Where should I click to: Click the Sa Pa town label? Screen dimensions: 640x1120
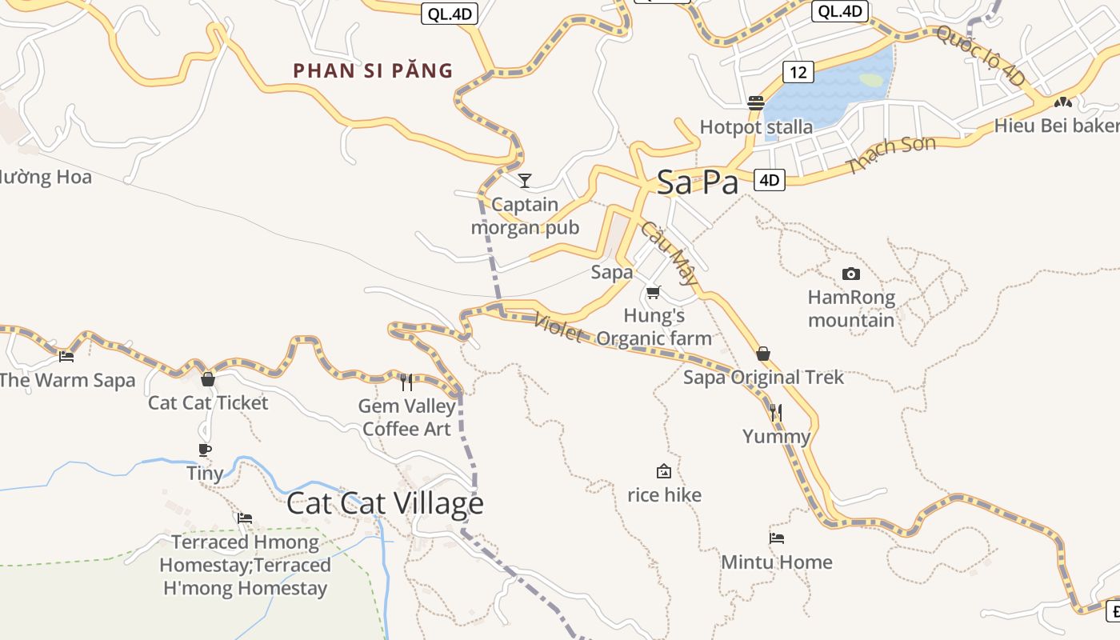[x=698, y=182]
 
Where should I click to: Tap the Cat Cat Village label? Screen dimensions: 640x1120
[x=385, y=503]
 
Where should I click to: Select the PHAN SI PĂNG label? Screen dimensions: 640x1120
[x=373, y=70]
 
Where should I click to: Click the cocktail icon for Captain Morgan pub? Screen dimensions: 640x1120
[x=525, y=180]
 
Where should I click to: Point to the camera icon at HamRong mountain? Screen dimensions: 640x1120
[x=851, y=274]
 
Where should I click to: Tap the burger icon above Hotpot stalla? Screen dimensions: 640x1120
[x=756, y=102]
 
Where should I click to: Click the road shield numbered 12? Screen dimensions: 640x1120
[x=798, y=72]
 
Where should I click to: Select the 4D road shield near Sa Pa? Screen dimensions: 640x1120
[x=769, y=180]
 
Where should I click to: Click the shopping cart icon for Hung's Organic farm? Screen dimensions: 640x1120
[x=654, y=292]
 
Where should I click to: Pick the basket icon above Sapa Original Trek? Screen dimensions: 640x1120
[x=763, y=354]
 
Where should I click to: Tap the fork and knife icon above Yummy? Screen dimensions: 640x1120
[x=776, y=413]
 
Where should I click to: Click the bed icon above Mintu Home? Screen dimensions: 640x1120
[x=776, y=538]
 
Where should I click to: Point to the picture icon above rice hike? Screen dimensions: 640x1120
[x=663, y=471]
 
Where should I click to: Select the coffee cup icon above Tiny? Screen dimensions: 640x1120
[x=205, y=450]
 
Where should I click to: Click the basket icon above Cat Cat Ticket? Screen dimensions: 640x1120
[x=208, y=378]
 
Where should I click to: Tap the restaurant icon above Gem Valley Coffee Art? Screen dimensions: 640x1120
[x=406, y=382]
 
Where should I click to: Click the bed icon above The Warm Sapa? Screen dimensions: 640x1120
[x=66, y=356]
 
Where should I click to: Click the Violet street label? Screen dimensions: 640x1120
[x=558, y=326]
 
